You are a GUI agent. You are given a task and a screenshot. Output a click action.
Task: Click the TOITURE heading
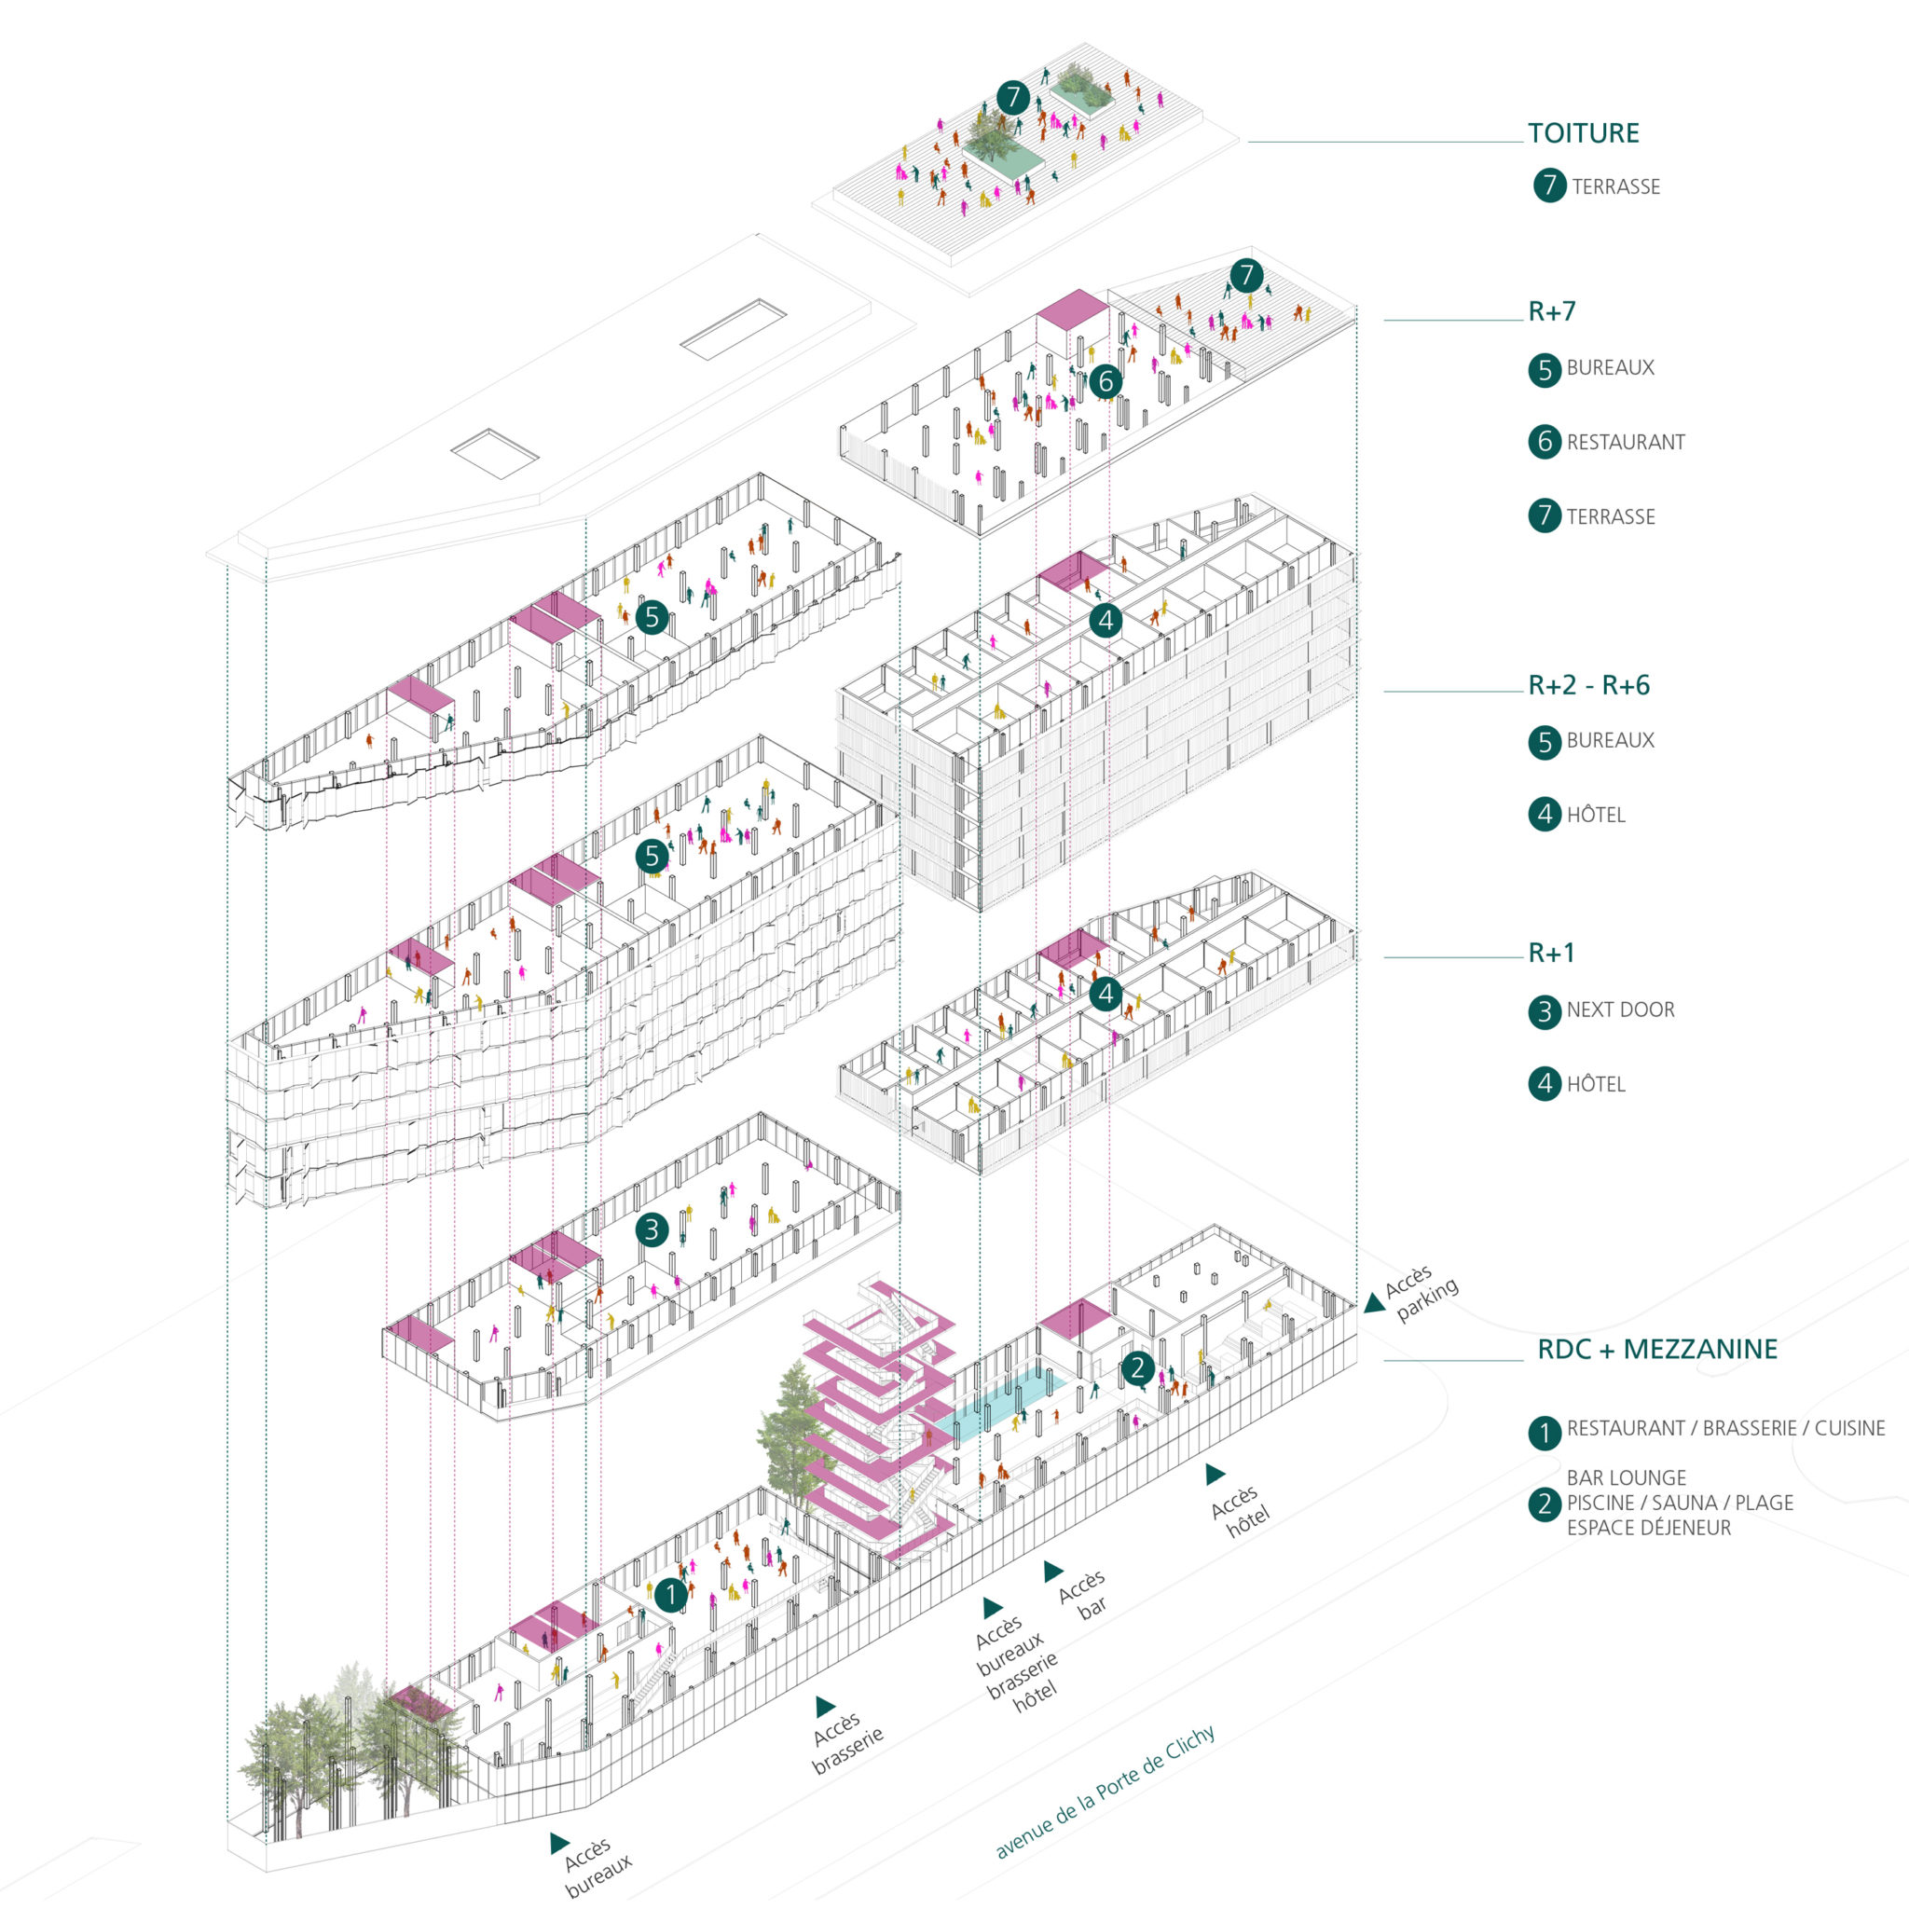point(1583,133)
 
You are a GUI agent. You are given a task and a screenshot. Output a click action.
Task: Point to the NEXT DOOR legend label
point(1620,1009)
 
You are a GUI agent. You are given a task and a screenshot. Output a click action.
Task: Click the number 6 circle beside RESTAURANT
point(1545,442)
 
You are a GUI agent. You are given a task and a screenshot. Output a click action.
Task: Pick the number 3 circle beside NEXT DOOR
point(1545,1010)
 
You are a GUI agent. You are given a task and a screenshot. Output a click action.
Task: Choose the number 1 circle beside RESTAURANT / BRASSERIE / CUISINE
point(1545,1432)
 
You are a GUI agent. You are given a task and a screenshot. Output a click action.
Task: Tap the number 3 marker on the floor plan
point(652,1230)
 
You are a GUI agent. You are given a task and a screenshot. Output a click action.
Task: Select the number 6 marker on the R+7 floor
point(1106,381)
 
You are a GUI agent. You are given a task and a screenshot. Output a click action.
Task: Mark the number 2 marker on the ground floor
point(1137,1367)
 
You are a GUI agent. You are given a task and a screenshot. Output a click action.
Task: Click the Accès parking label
point(1419,1294)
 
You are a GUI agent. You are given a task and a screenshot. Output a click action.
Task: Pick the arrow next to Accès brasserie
point(824,1707)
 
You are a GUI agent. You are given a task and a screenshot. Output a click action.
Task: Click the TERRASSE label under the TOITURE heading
point(1615,186)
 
